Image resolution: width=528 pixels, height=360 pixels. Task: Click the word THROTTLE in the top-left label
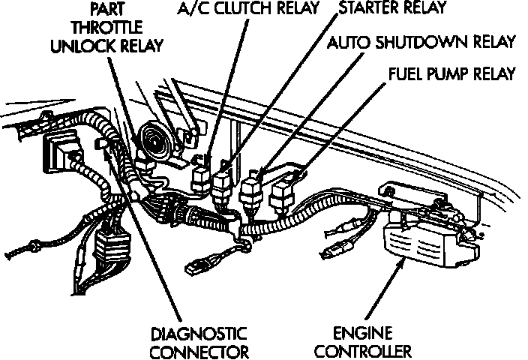point(107,26)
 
